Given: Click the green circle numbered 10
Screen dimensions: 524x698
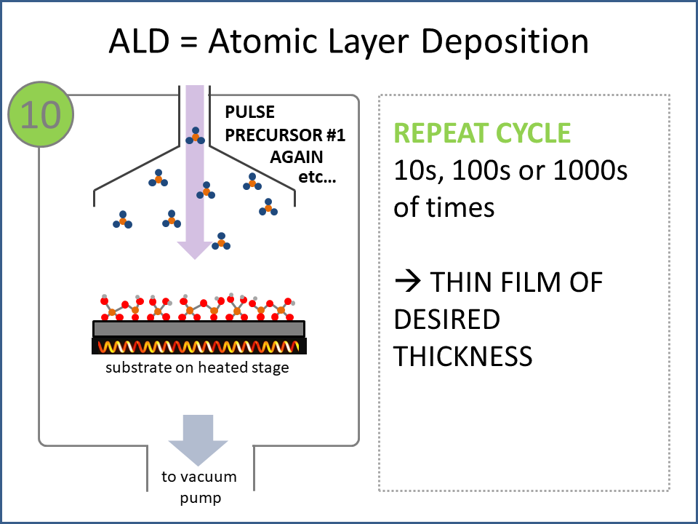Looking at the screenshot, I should click(41, 114).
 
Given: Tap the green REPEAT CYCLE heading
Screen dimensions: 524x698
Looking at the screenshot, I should click(482, 133).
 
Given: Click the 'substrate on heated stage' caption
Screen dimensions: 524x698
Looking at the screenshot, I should click(197, 368).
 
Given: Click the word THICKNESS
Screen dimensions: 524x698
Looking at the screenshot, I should click(463, 357).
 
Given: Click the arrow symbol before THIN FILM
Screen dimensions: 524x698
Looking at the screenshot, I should click(406, 282).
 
